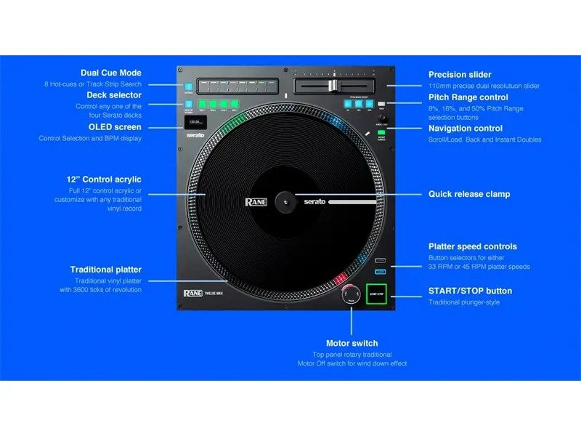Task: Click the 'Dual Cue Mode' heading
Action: pyautogui.click(x=111, y=73)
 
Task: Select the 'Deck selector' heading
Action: pyautogui.click(x=114, y=94)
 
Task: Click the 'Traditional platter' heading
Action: pyautogui.click(x=106, y=270)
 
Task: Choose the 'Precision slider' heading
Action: pyautogui.click(x=460, y=74)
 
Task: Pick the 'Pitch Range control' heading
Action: pyautogui.click(x=468, y=97)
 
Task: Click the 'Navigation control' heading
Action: pyautogui.click(x=466, y=129)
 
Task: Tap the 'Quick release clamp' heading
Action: pyautogui.click(x=469, y=194)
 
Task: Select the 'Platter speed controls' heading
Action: pyautogui.click(x=473, y=246)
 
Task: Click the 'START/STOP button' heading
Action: pyautogui.click(x=470, y=291)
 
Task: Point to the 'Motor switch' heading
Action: pyautogui.click(x=352, y=343)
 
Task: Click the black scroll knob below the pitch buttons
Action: pyautogui.click(x=382, y=118)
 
